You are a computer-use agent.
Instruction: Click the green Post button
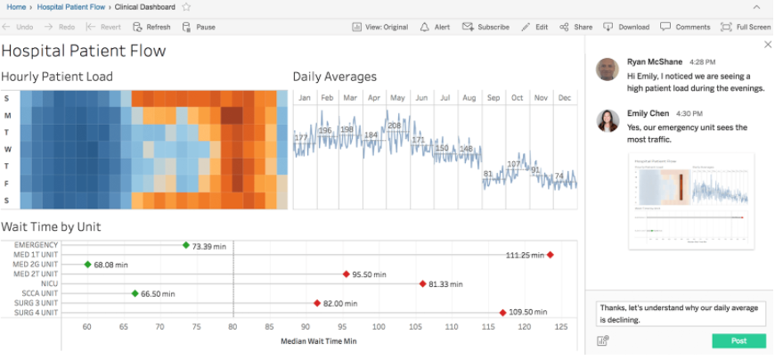coord(738,341)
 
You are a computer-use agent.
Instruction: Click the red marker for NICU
coord(422,284)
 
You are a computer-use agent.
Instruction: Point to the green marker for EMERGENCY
coord(185,245)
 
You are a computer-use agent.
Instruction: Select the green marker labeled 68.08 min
coord(87,265)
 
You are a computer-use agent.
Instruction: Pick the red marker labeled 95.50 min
coord(346,274)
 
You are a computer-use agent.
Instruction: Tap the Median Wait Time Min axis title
coord(318,341)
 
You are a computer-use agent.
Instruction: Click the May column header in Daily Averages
coord(397,97)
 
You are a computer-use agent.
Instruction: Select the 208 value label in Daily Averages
coord(395,126)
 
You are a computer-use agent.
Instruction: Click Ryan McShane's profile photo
coord(607,70)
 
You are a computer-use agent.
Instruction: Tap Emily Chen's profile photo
coord(607,121)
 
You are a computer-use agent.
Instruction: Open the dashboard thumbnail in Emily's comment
coord(690,200)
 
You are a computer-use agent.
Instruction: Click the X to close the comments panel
coord(767,45)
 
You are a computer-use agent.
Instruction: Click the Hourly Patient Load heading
coord(57,77)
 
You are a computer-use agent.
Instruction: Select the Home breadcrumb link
coord(16,6)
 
